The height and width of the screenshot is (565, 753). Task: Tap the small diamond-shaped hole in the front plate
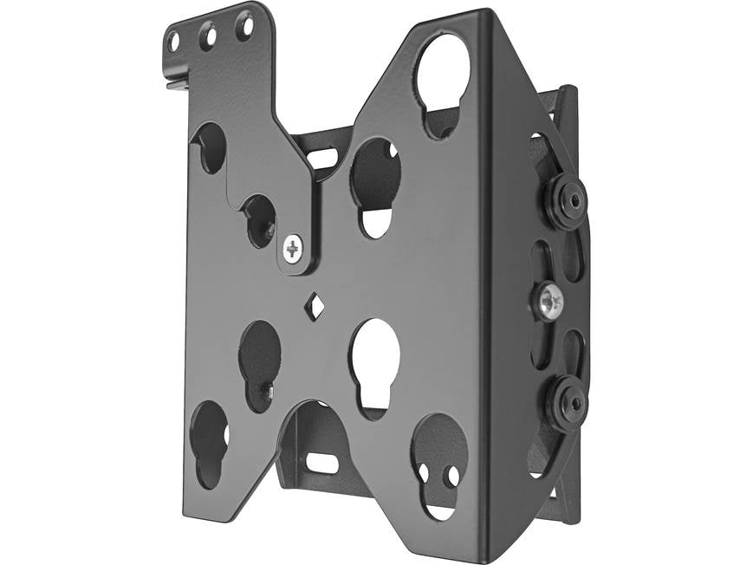coord(314,305)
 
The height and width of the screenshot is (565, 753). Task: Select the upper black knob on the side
coord(566,199)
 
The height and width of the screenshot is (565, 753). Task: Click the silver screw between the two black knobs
coord(549,301)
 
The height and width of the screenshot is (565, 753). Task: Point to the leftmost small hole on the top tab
coord(174,41)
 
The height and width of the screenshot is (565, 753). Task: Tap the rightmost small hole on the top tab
coord(244,26)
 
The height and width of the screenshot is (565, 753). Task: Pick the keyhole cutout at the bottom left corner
coord(210,442)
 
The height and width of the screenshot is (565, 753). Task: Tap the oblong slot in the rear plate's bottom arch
coord(322,464)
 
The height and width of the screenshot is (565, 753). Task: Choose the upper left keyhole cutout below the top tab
coord(208,147)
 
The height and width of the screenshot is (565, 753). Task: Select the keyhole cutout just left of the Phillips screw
coord(258,220)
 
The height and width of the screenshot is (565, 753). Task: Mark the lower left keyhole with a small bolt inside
coord(260,364)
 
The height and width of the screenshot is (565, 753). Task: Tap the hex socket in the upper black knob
coord(573,199)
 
